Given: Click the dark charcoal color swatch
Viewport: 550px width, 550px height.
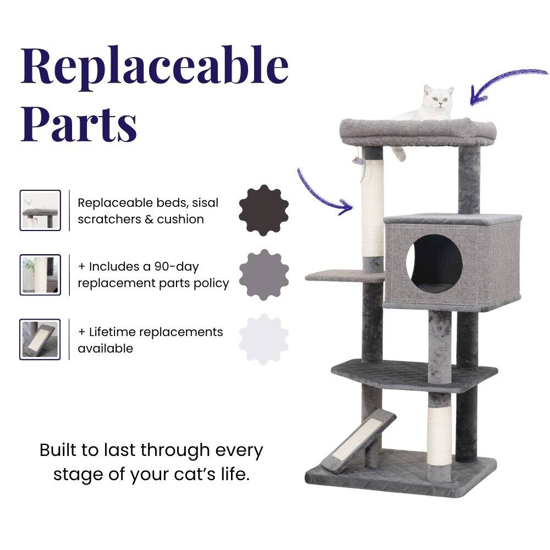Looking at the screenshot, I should click(x=264, y=210).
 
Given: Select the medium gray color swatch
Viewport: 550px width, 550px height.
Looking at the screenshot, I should click(x=264, y=274).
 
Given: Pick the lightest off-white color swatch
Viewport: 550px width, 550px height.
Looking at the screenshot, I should click(x=264, y=339).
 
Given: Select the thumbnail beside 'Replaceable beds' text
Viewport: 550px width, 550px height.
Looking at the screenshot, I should click(x=40, y=210).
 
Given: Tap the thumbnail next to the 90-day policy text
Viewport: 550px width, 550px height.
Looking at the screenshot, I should click(x=40, y=275).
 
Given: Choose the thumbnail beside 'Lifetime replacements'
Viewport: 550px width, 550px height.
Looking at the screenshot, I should click(x=40, y=339).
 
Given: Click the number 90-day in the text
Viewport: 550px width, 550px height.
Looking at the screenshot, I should click(x=176, y=267).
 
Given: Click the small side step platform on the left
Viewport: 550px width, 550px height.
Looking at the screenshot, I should click(x=333, y=274).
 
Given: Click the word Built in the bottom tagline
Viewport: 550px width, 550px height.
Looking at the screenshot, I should click(x=58, y=450).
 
